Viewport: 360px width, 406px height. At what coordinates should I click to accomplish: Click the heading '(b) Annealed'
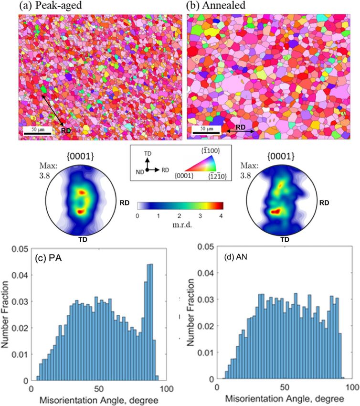click(214, 6)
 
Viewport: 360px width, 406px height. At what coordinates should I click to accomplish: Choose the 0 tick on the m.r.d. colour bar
click(138, 215)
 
